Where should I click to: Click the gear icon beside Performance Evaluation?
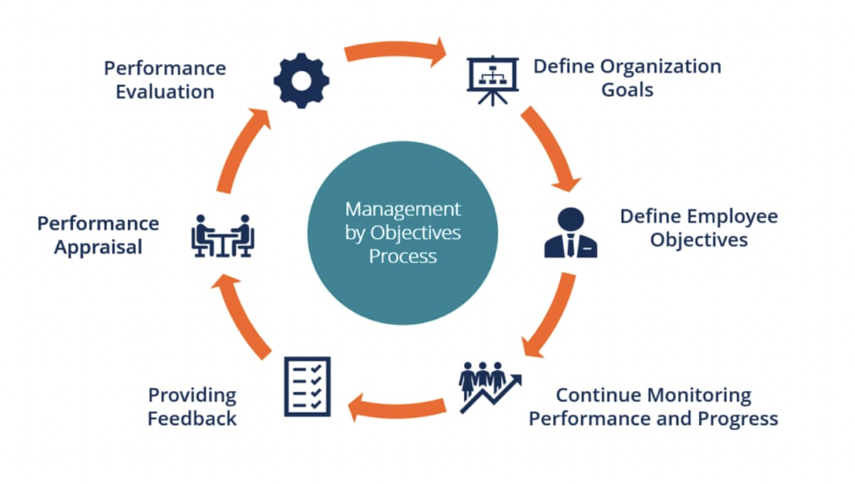tap(302, 81)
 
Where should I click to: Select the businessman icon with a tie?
tap(571, 233)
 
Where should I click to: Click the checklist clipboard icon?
tap(307, 387)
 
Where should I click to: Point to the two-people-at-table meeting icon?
tap(223, 235)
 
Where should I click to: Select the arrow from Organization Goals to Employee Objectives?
tap(549, 148)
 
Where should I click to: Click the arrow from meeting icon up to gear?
tap(241, 150)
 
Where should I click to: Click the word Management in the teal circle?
tap(402, 210)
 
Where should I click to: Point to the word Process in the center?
tap(402, 256)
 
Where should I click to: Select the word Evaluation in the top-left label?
tap(165, 91)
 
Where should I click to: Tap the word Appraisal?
tap(98, 247)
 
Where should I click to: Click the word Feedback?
tap(192, 419)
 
